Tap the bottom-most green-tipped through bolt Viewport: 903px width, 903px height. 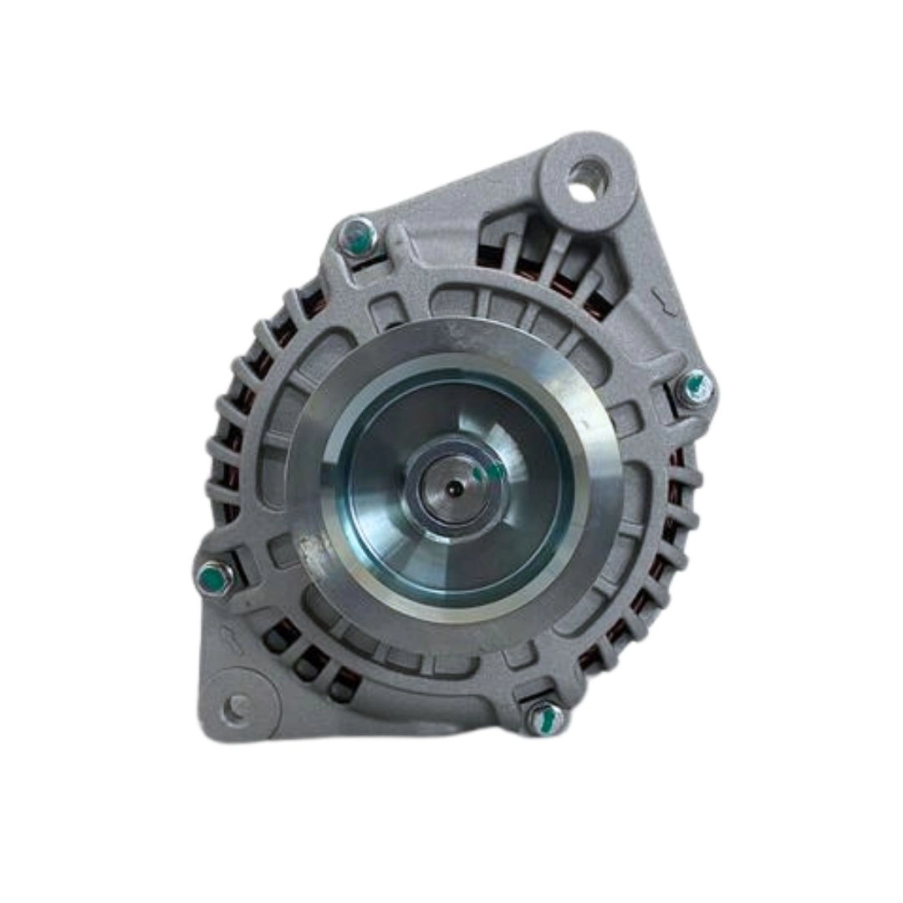[x=545, y=718]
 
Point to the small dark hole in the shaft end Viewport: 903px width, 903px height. [x=451, y=487]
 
